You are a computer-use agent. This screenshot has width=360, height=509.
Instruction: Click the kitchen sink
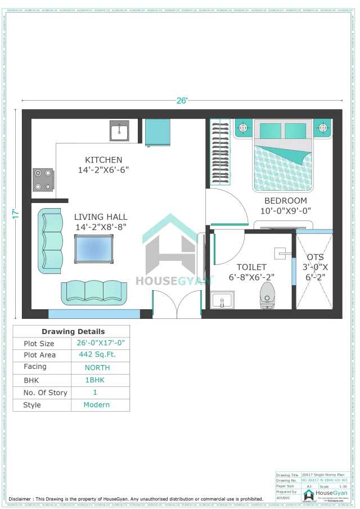click(119, 131)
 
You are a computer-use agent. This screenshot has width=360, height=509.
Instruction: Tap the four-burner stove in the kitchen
click(43, 180)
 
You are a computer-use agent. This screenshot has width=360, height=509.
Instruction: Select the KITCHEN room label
click(103, 160)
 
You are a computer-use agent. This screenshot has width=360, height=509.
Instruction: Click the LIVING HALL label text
click(101, 217)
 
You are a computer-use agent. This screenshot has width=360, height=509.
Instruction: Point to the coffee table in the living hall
click(93, 249)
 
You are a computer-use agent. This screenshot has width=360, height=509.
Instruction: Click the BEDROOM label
click(286, 201)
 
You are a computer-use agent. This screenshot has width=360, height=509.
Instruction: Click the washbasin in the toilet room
click(223, 300)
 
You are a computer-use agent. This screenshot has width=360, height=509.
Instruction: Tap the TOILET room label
click(251, 267)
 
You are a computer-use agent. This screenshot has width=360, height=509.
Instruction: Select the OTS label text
click(315, 257)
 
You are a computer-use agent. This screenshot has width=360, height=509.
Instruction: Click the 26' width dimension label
click(182, 101)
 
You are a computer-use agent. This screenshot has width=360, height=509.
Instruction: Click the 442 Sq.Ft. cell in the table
click(94, 355)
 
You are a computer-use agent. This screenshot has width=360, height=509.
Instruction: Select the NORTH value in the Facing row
click(97, 367)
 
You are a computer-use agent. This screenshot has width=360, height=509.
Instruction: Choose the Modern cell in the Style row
click(97, 405)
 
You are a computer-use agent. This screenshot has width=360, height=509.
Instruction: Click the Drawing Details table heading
click(73, 331)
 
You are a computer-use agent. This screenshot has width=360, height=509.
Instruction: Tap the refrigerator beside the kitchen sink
click(157, 133)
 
